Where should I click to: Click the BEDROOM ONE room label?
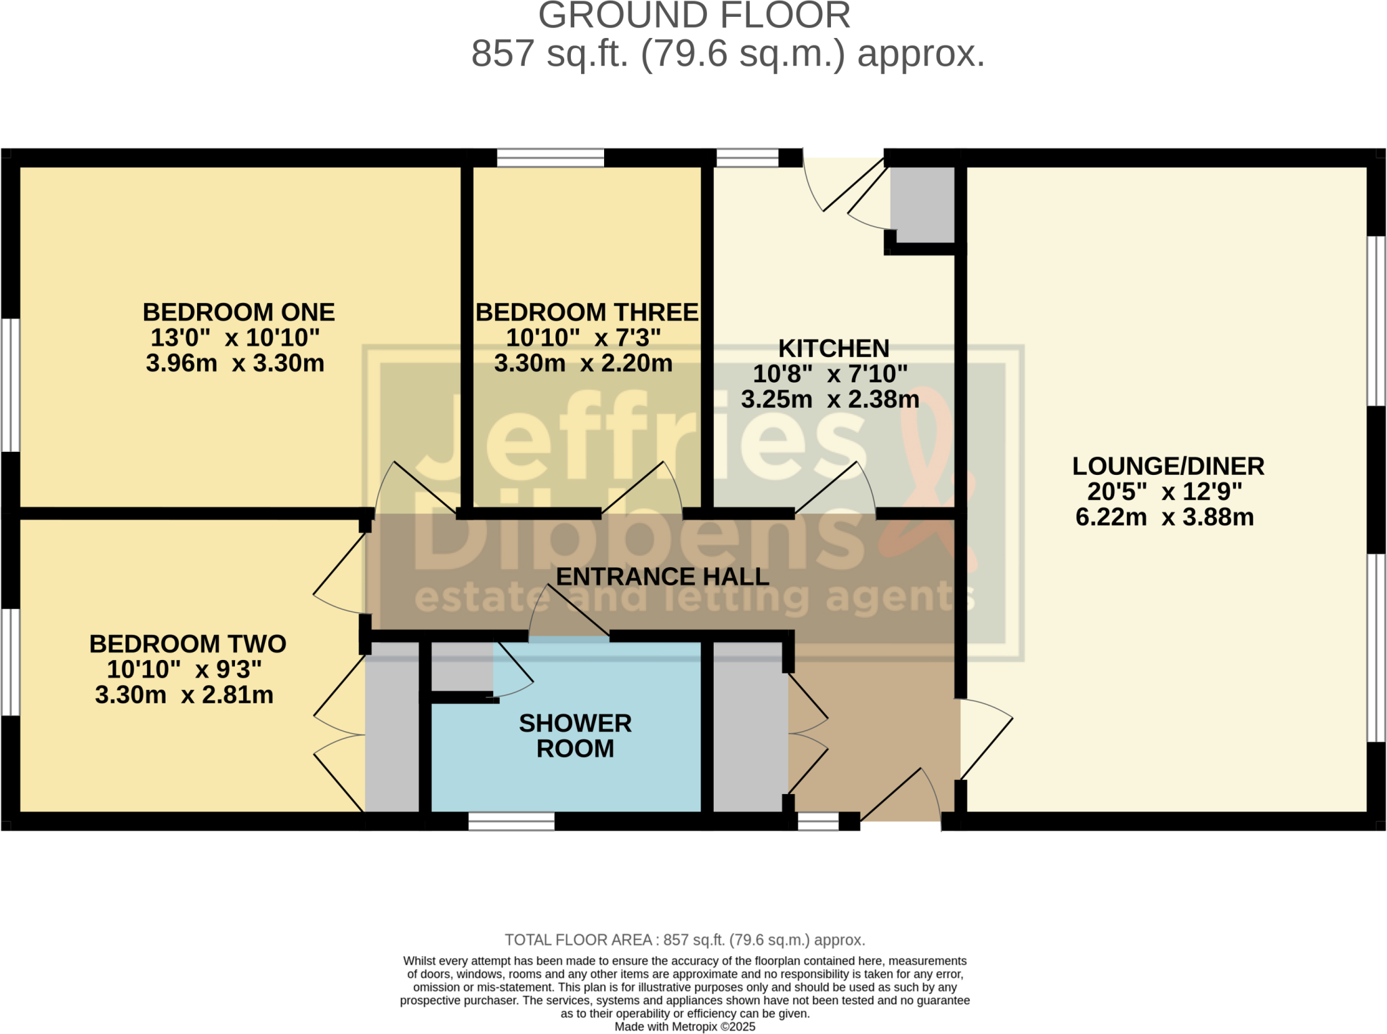coord(238,312)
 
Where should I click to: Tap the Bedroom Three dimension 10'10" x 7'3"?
coord(583,337)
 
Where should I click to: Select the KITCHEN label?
coord(833,348)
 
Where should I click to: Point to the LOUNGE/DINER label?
coord(1168,466)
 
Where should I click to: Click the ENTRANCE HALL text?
coord(662,577)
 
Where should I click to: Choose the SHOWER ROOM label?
coord(575,736)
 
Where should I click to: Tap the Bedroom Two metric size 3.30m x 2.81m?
coord(184,695)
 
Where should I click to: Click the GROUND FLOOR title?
coord(693,16)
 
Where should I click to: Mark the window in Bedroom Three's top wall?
coord(550,158)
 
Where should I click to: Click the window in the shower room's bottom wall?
coord(511,821)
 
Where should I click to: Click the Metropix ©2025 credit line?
coord(685,1027)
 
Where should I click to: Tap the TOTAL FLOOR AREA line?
coord(685,940)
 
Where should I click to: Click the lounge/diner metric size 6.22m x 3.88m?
coord(1164,517)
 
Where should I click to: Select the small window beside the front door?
coord(817,821)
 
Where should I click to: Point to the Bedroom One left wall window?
coord(10,385)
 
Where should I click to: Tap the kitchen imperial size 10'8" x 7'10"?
coord(830,374)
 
